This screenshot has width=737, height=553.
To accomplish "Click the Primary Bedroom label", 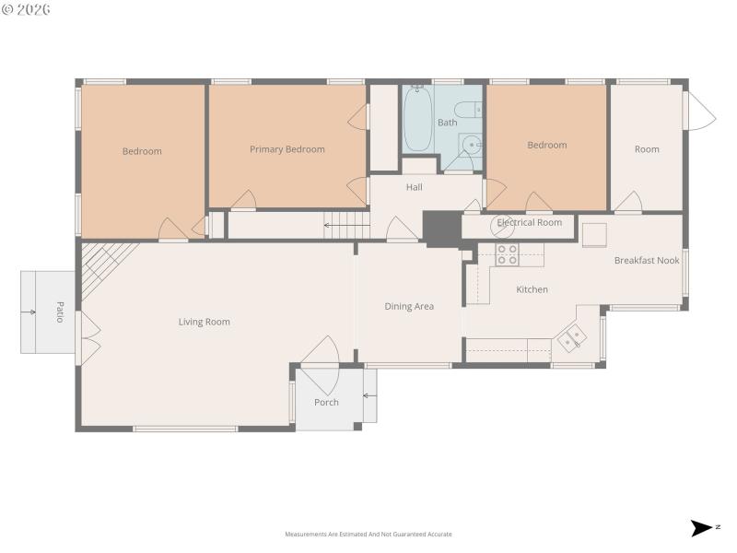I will tap(287, 149).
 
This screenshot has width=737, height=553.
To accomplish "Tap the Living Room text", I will tap(204, 322).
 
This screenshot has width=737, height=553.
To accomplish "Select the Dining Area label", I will tap(409, 306).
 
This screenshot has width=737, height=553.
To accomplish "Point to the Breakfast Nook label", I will tap(647, 261).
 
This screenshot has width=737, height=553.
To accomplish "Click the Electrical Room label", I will tap(529, 223).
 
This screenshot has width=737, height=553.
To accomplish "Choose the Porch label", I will tap(326, 402).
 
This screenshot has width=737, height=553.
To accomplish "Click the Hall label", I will tap(415, 187).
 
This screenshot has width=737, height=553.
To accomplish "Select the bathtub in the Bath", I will tap(417, 120).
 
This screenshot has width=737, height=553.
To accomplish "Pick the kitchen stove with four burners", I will tap(507, 254).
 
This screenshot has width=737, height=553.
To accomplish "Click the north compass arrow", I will tap(702, 528).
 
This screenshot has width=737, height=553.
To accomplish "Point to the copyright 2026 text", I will tap(27, 9).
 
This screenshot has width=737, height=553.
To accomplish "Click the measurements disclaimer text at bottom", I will tap(368, 535).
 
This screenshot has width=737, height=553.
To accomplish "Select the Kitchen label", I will tap(532, 289).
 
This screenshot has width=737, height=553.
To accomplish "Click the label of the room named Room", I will tap(647, 149).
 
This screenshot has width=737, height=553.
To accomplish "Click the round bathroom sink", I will tap(472, 144).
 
